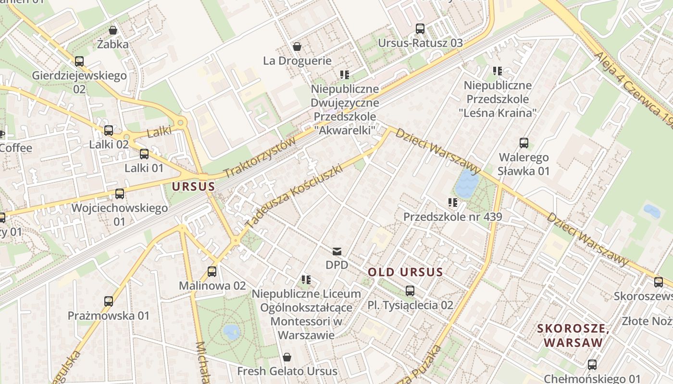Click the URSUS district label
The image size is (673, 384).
[193, 186]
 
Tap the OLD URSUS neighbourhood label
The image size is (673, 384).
[405, 272]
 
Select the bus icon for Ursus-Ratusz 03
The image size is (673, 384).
[420, 29]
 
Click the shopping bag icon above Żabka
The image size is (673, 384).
[113, 30]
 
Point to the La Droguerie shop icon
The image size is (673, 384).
[297, 47]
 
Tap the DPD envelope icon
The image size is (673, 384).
[336, 251]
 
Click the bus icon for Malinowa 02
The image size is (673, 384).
[212, 272]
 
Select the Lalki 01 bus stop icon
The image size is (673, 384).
[144, 154]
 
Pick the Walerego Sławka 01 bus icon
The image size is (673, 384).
[523, 143]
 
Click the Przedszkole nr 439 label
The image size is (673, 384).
[452, 216]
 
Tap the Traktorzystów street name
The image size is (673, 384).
[259, 157]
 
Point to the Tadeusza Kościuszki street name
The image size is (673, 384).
[294, 196]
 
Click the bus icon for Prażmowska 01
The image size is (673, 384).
[109, 301]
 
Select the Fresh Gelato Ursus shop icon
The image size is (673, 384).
[287, 357]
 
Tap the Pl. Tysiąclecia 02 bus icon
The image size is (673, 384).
[410, 291]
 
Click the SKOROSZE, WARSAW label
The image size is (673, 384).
[573, 336]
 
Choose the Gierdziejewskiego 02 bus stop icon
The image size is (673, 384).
[79, 61]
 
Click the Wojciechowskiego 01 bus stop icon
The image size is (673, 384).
[119, 194]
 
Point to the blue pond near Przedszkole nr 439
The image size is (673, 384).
[466, 183]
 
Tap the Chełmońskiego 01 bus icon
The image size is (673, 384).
[592, 365]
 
